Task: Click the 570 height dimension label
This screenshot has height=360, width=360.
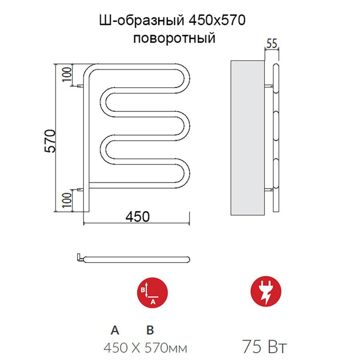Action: (x=50, y=141)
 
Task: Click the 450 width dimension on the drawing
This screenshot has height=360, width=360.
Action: (x=138, y=216)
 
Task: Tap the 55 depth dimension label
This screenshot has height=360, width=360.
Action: (x=272, y=43)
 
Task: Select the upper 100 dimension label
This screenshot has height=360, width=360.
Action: (x=67, y=74)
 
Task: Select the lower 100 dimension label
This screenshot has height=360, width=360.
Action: (x=67, y=200)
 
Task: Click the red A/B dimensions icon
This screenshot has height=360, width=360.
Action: (x=152, y=292)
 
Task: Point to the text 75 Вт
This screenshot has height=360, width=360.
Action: (x=264, y=346)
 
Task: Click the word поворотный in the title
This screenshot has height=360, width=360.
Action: (x=174, y=38)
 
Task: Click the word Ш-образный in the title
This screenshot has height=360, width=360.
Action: (x=142, y=20)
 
